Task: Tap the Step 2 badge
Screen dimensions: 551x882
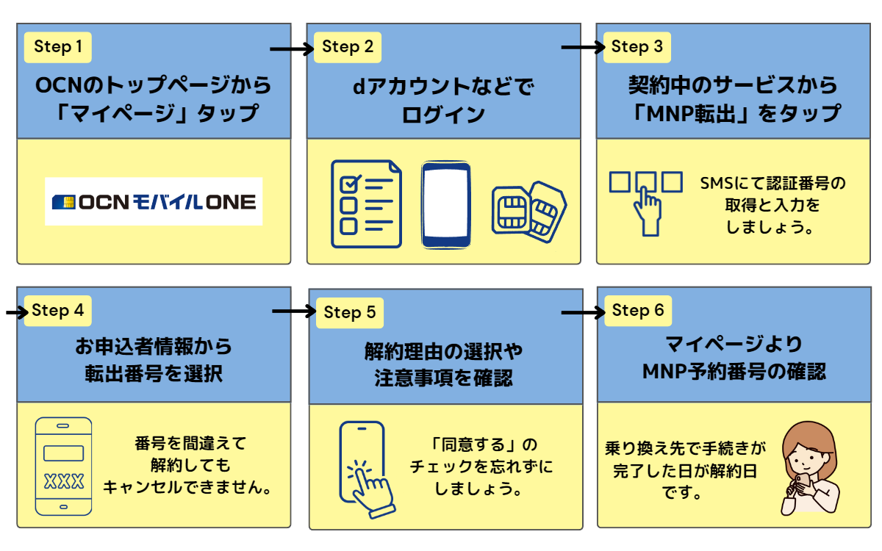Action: point(348,48)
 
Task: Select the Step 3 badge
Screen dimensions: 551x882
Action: point(637,47)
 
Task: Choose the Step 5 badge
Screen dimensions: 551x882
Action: point(349,313)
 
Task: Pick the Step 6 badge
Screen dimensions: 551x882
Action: point(637,311)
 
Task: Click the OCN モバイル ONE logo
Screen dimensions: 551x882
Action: point(154,201)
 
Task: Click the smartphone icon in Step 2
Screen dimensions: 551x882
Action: point(445,204)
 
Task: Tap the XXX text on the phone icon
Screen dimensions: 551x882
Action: point(64,482)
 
